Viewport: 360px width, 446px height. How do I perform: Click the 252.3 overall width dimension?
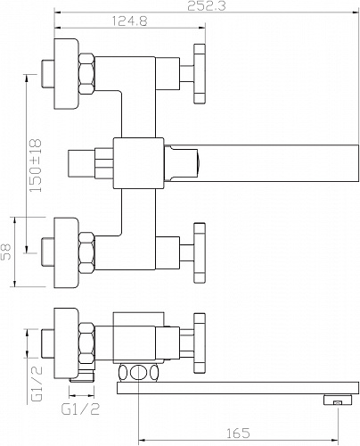[x=207, y=5]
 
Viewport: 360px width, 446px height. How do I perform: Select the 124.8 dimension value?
[x=130, y=21]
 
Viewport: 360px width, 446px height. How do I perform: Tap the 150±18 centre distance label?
[x=36, y=165]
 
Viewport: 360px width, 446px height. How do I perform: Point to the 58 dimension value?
[x=6, y=252]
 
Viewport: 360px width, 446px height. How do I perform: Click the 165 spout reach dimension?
[x=238, y=434]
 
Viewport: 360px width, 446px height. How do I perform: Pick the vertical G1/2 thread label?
[x=37, y=384]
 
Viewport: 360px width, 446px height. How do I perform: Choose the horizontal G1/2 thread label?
[x=80, y=409]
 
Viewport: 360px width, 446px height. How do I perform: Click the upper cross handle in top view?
[x=200, y=74]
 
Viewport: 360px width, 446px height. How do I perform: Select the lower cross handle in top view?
[x=200, y=252]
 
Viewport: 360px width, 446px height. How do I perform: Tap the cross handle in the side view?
[x=200, y=343]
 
